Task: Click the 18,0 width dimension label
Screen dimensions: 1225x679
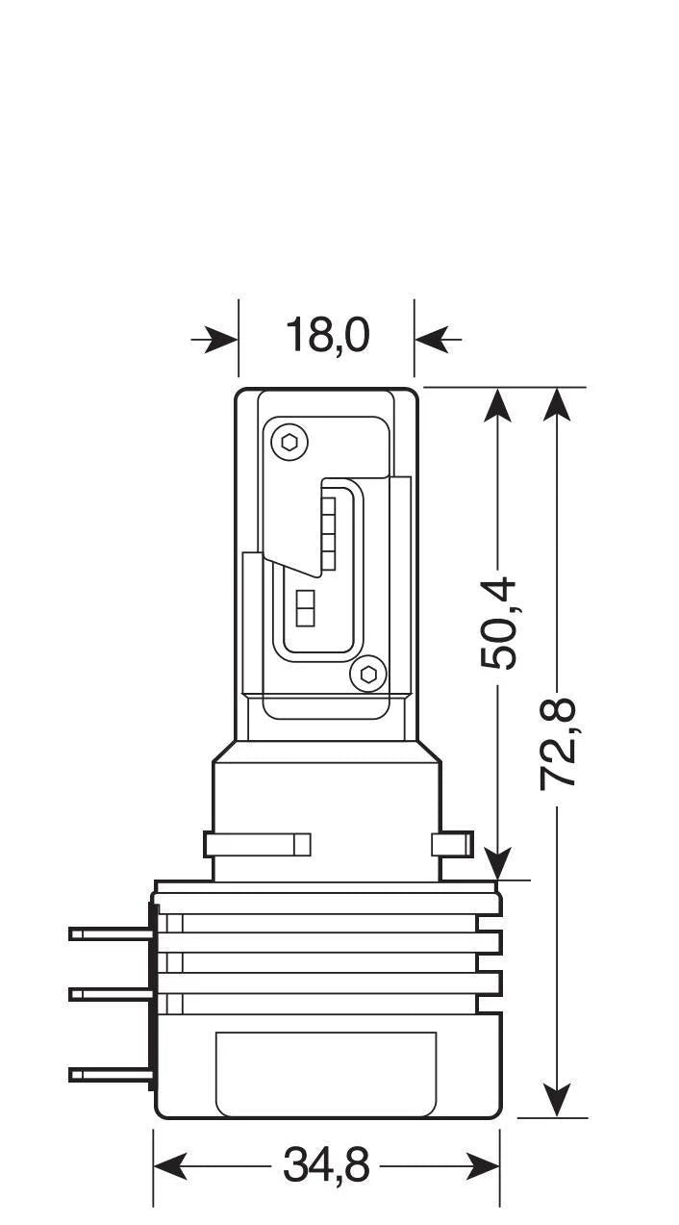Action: [x=327, y=337]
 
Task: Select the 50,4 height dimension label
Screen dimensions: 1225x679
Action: [x=499, y=623]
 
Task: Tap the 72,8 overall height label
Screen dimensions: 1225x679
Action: [x=558, y=743]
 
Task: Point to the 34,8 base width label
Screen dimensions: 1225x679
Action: [x=327, y=1166]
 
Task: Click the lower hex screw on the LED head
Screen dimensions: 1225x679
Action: [x=367, y=674]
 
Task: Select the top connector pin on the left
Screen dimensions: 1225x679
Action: [x=111, y=932]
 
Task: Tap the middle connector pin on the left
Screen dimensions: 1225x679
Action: [x=111, y=993]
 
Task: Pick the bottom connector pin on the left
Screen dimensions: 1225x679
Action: [x=111, y=1074]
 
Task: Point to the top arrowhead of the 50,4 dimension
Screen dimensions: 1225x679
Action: [x=497, y=404]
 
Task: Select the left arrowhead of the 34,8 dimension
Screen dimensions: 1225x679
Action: [x=171, y=1166]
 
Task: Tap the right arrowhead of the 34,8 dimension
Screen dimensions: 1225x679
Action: [x=482, y=1166]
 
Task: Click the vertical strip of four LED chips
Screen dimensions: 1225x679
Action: [x=328, y=532]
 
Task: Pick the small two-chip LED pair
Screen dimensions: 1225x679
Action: [x=307, y=609]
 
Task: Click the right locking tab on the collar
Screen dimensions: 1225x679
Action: [x=452, y=845]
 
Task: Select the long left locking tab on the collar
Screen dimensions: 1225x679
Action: [x=257, y=845]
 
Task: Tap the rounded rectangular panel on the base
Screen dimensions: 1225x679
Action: [x=326, y=1071]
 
